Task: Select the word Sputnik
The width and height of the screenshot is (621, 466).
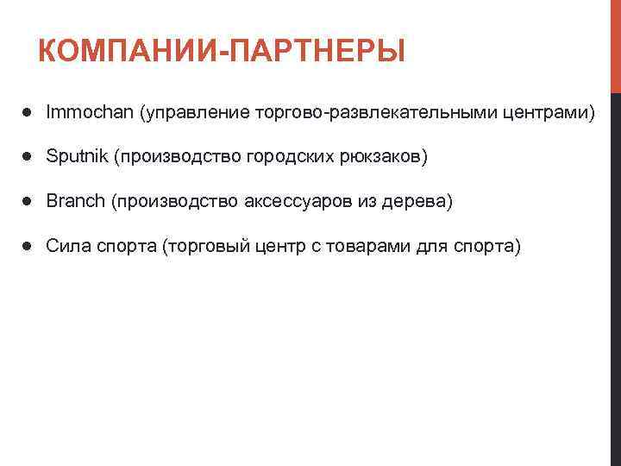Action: tap(75, 157)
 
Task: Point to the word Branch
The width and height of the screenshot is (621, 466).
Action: tap(75, 201)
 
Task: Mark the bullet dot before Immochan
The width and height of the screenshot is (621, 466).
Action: tap(28, 112)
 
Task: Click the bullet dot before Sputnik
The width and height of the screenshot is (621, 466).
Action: tap(28, 157)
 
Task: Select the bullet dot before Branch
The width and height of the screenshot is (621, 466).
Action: tap(28, 201)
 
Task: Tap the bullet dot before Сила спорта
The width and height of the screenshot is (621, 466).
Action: tap(28, 247)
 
